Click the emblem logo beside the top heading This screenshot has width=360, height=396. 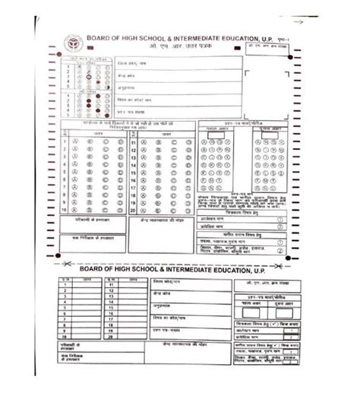coord(73,43)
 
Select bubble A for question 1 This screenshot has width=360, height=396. coord(75,141)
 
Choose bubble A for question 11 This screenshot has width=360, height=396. coord(144,141)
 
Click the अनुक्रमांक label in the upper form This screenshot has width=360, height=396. coord(125,87)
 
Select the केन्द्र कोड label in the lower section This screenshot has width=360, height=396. coord(162,293)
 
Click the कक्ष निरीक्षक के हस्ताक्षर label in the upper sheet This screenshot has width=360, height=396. coord(86,237)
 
